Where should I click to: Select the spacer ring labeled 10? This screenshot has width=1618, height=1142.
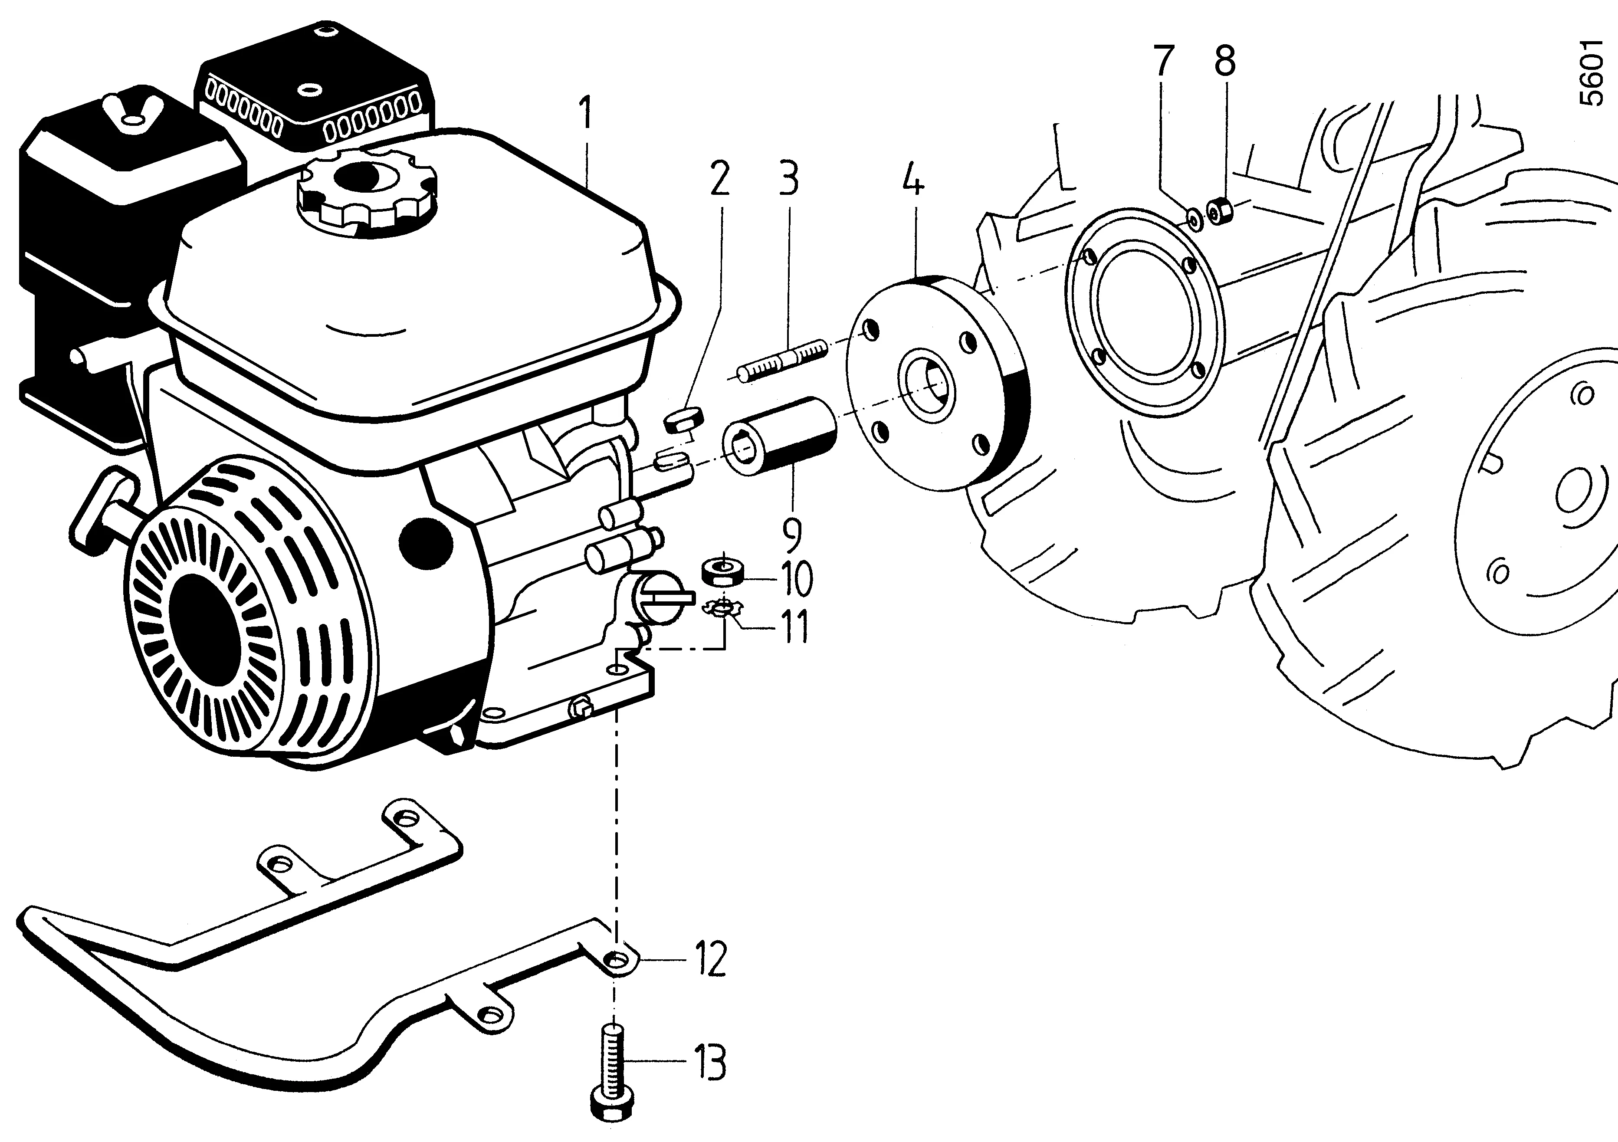723,571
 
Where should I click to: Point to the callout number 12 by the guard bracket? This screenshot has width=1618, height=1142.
710,959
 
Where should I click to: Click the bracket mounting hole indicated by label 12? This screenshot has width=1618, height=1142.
618,959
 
